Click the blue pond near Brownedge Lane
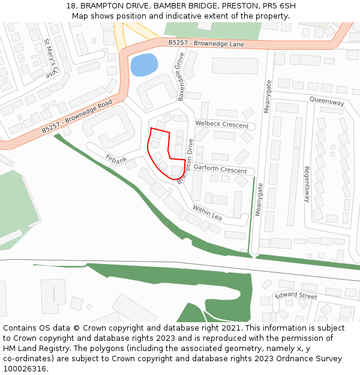click(x=143, y=65)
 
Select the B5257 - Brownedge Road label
click(x=77, y=117)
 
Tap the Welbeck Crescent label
click(x=221, y=124)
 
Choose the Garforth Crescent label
click(x=220, y=170)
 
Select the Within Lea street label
click(x=207, y=212)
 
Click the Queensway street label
click(x=327, y=102)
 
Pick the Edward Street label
click(x=296, y=296)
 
